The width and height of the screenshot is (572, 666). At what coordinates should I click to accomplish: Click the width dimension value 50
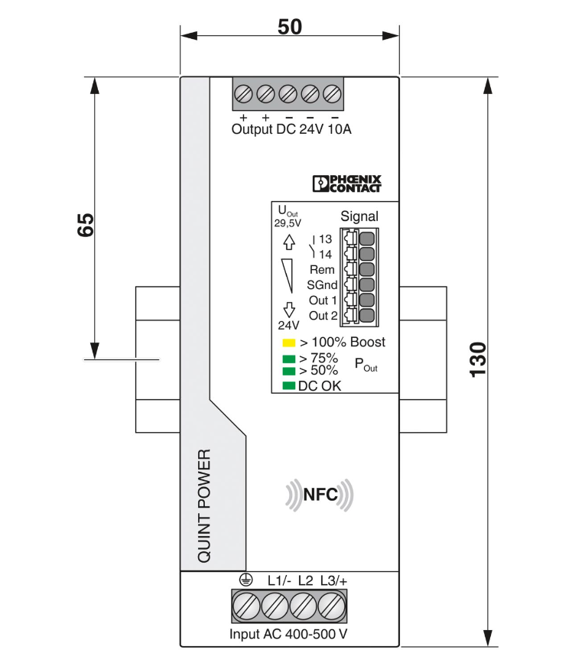point(289,26)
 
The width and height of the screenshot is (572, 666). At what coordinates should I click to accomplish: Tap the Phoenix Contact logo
point(346,184)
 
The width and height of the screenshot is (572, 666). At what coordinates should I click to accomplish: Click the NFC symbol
point(320,495)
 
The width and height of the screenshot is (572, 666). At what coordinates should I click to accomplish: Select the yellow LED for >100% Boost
point(288,343)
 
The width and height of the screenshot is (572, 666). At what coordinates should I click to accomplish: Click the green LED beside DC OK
point(288,385)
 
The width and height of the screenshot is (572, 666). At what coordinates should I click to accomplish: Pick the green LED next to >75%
point(288,359)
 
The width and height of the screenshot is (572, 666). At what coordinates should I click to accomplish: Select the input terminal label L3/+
point(333,581)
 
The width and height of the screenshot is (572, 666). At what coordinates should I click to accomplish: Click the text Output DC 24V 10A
point(291,130)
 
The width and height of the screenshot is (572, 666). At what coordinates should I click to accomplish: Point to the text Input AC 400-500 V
point(288,635)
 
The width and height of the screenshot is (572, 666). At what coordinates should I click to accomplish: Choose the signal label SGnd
point(322,285)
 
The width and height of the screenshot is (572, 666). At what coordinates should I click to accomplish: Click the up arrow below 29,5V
point(289,242)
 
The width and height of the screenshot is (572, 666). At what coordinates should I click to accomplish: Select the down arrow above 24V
point(289,309)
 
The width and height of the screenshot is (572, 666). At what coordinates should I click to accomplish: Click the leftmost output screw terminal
point(243,94)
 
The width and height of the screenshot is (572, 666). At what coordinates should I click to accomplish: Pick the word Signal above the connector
point(359,217)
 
